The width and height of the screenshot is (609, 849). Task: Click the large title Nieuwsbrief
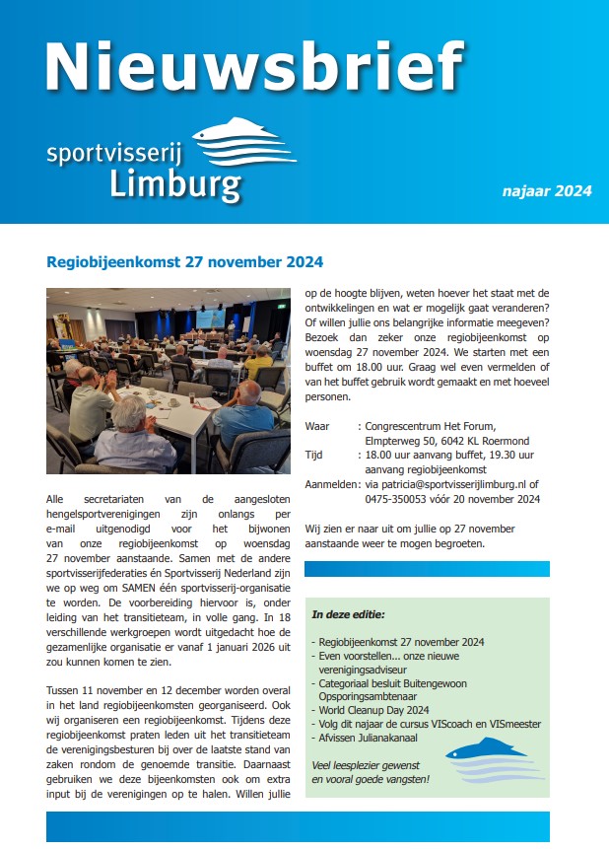point(253,67)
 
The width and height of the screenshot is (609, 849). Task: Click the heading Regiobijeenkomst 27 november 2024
point(184,263)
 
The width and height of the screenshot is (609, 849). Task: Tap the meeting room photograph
point(169,381)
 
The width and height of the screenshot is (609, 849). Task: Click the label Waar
point(317,426)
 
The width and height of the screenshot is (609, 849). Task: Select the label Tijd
point(315,456)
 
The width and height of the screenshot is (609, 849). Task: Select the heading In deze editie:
point(348,614)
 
